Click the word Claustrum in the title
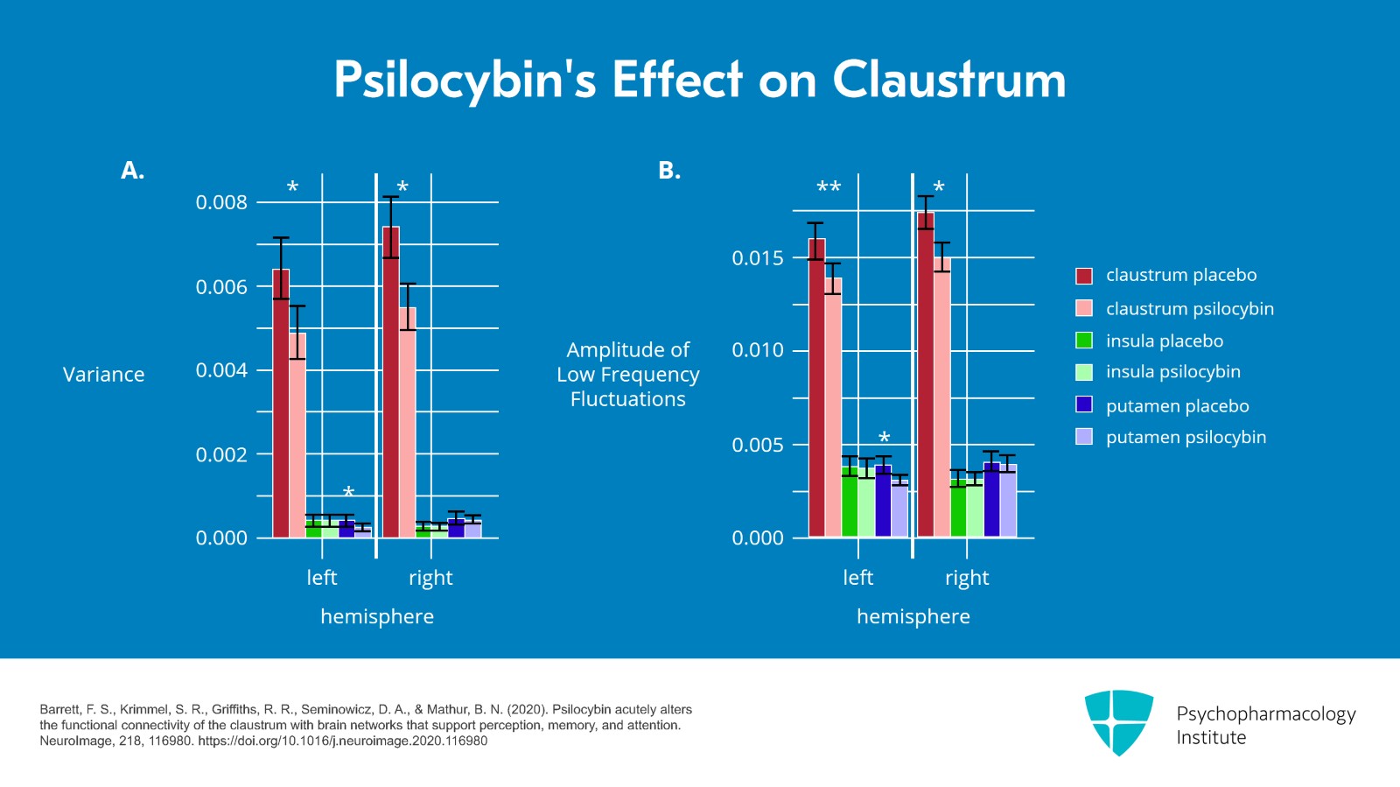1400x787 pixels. click(x=948, y=81)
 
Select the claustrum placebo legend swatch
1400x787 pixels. click(x=1084, y=276)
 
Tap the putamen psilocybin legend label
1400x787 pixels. click(x=1186, y=437)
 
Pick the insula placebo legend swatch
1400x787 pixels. click(x=1084, y=341)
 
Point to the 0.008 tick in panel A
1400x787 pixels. click(x=221, y=202)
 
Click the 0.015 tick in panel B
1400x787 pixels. click(x=758, y=257)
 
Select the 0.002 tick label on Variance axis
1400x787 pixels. click(x=221, y=454)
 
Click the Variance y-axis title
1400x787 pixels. click(x=103, y=375)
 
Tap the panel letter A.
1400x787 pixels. click(x=132, y=171)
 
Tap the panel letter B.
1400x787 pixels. click(x=668, y=171)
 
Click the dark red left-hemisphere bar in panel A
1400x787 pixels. click(x=281, y=403)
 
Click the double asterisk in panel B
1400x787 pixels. click(x=829, y=187)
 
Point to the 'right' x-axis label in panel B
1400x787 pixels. click(x=967, y=578)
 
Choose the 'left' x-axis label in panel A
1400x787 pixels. click(x=322, y=578)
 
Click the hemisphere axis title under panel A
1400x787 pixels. click(x=377, y=616)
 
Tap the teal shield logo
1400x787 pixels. click(x=1118, y=721)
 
